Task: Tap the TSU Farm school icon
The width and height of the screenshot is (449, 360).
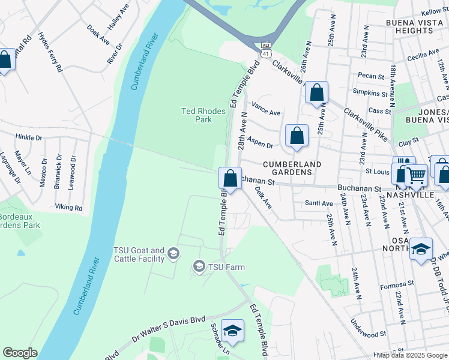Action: pyautogui.click(x=199, y=266)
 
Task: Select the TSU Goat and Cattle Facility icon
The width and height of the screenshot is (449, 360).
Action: pyautogui.click(x=173, y=254)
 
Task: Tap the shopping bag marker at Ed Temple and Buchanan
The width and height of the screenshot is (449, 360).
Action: pyautogui.click(x=230, y=179)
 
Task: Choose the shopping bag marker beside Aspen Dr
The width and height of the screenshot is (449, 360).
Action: pyautogui.click(x=297, y=136)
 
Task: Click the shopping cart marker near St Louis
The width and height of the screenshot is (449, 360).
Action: pyautogui.click(x=417, y=175)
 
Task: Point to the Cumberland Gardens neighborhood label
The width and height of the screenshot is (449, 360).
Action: pyautogui.click(x=291, y=168)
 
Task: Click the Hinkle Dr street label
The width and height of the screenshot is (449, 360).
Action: pyautogui.click(x=29, y=137)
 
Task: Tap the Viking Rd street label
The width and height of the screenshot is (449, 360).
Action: pyautogui.click(x=68, y=208)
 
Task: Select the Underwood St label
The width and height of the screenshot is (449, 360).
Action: pyautogui.click(x=367, y=334)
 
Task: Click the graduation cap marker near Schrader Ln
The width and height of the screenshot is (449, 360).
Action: pyautogui.click(x=232, y=330)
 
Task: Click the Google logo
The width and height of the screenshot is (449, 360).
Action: pyautogui.click(x=20, y=353)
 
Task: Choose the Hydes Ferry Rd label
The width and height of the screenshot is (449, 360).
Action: pyautogui.click(x=49, y=53)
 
